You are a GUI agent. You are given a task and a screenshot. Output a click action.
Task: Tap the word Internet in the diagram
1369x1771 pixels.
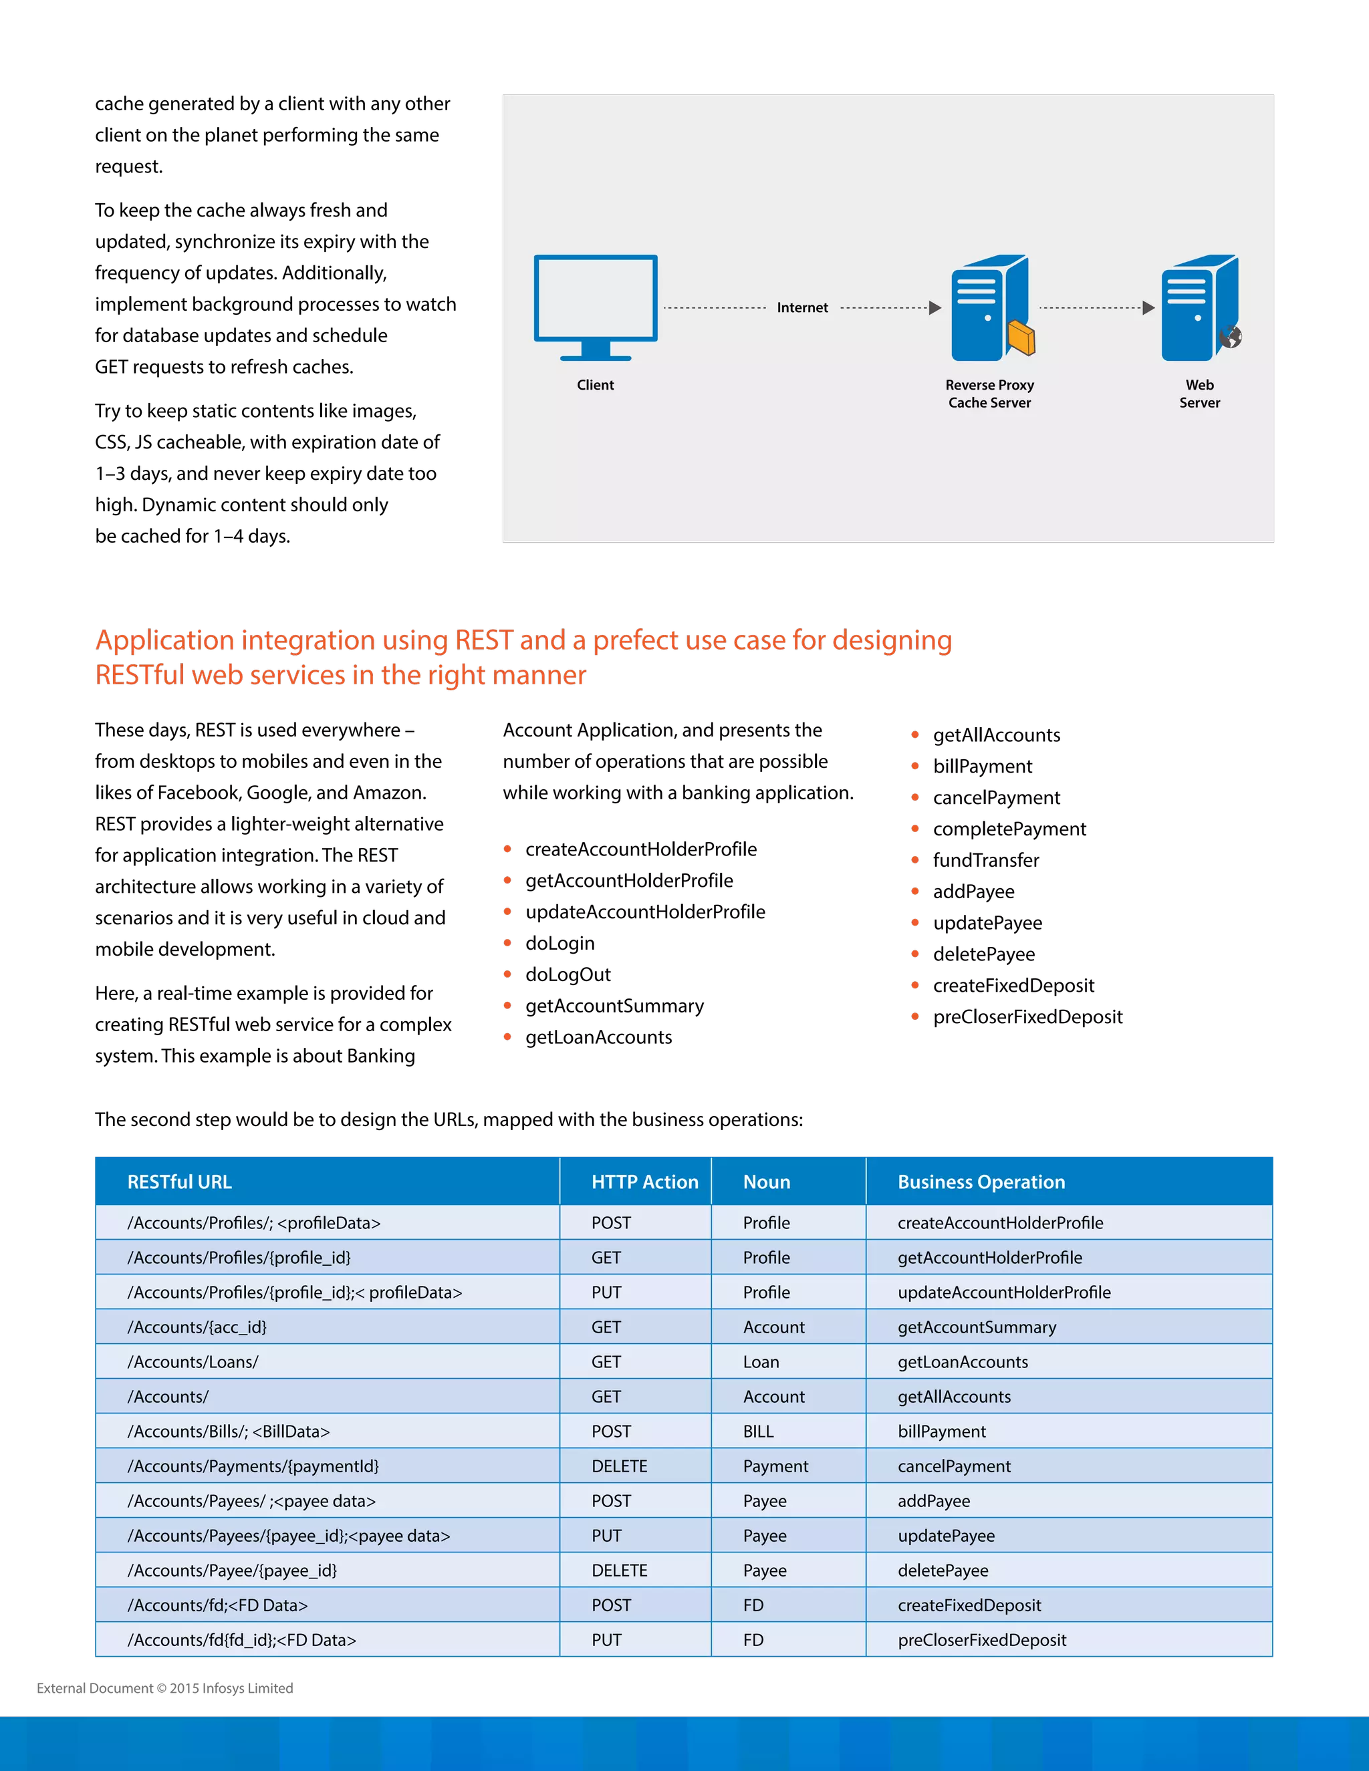point(802,307)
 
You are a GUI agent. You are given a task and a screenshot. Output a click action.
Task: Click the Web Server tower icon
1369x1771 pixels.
point(1199,307)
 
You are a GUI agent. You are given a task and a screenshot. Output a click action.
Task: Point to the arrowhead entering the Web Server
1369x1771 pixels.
point(1148,307)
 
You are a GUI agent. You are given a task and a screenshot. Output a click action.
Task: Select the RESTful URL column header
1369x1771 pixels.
point(179,1182)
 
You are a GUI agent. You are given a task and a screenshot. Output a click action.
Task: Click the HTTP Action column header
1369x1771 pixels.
point(645,1182)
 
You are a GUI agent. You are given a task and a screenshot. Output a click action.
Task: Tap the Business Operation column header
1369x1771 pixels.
point(981,1182)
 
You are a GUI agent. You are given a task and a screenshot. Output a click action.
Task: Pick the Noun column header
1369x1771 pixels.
point(767,1182)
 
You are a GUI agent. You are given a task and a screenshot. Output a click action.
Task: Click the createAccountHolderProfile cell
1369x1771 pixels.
point(1000,1223)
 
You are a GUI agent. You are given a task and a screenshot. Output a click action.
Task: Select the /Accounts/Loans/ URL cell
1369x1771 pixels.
point(193,1361)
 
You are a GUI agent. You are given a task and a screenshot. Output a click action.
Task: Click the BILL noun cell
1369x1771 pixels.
point(758,1432)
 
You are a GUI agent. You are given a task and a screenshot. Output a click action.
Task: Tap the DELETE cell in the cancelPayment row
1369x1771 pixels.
point(620,1466)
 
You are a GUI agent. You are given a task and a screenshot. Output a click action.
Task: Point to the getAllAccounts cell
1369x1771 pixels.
point(954,1396)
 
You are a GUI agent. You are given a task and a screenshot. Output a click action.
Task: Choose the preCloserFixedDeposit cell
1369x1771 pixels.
point(981,1639)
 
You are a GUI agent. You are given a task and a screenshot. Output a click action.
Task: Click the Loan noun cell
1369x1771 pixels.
point(761,1361)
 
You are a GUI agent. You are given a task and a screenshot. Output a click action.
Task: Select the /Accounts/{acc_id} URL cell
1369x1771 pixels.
point(197,1327)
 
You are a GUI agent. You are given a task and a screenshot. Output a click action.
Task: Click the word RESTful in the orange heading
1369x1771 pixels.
point(140,675)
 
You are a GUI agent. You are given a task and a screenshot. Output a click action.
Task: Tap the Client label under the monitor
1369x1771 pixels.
point(596,385)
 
